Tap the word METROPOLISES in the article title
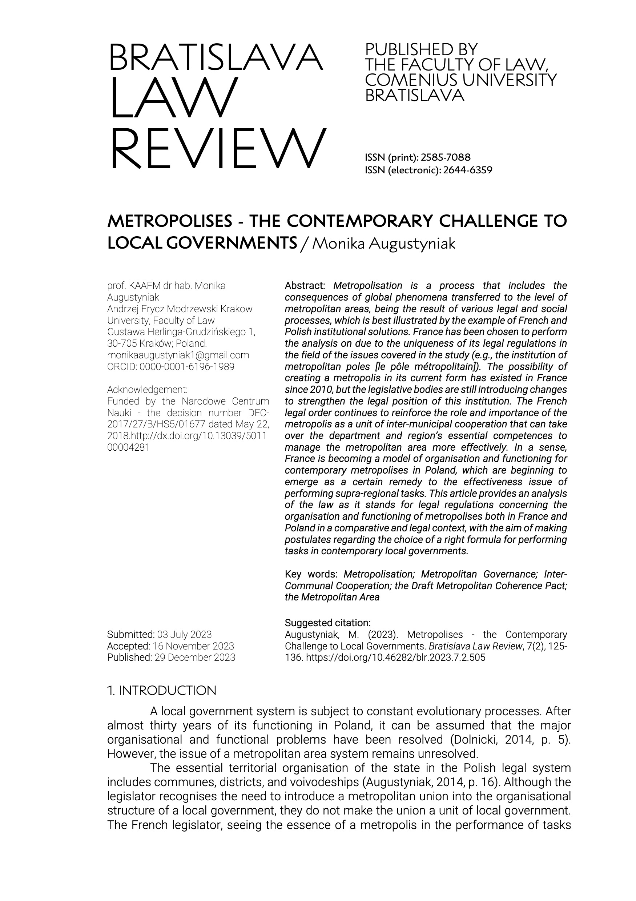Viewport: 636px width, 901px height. (170, 221)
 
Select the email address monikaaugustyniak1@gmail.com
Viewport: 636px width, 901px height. (178, 355)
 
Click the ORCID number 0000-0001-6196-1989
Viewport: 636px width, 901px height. (187, 367)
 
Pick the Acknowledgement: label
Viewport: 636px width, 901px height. (147, 390)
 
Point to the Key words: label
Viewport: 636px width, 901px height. (311, 575)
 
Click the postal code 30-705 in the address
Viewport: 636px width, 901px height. (120, 344)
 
